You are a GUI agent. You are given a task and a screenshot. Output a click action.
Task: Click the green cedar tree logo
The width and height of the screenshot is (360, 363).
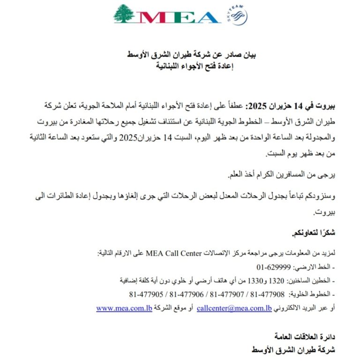pyautogui.click(x=124, y=14)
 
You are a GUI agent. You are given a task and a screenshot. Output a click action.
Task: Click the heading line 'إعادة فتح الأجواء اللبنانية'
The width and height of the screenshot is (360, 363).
pyautogui.click(x=194, y=66)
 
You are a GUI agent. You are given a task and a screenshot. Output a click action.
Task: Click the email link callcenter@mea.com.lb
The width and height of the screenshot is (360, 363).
pyautogui.click(x=234, y=308)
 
